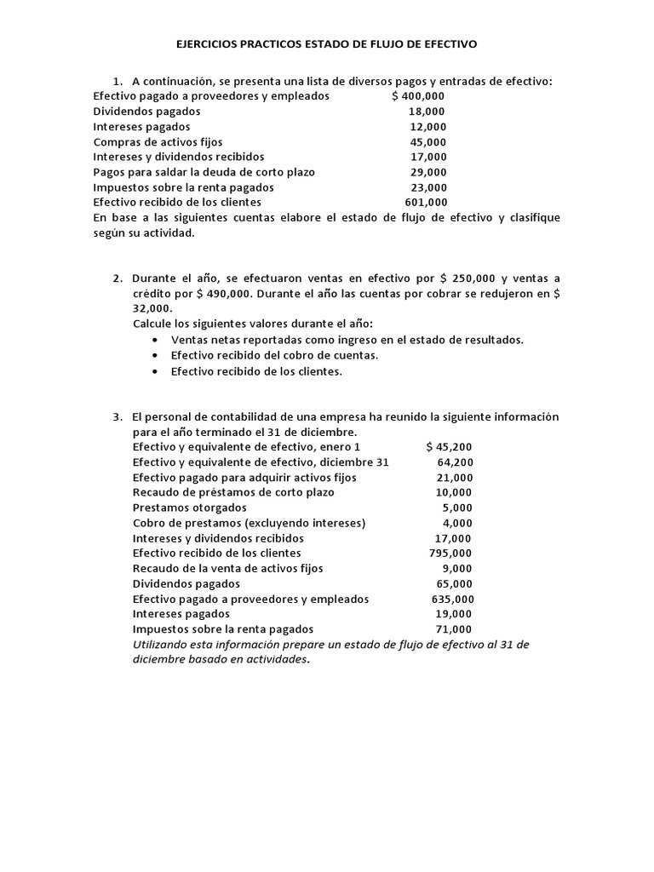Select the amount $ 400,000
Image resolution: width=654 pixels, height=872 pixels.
pos(418,96)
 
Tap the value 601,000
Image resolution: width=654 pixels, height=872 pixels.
pos(426,203)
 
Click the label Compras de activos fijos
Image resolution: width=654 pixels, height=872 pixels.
pos(158,142)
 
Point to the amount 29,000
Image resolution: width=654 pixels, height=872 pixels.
pos(428,172)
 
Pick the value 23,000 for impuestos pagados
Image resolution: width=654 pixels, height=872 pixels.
pos(428,187)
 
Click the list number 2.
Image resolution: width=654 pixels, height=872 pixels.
pos(118,278)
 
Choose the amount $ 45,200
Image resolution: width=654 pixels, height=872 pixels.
pos(450,447)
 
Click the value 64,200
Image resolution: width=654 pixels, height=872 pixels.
pos(456,462)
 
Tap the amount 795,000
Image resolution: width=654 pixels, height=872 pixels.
pos(451,553)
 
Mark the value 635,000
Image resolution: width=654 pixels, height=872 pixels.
pos(453,599)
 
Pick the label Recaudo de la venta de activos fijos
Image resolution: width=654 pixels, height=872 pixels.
pos(228,568)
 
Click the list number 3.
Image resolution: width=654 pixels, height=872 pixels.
pos(118,416)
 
